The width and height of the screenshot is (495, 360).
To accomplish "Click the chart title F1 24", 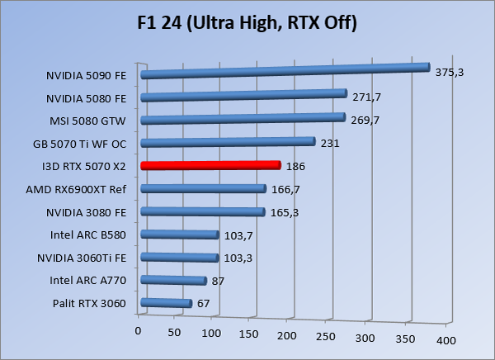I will [x=247, y=22].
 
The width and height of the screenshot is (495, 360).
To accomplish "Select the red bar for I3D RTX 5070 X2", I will [x=211, y=165].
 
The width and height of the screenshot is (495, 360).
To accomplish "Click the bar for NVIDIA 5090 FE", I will [x=285, y=71].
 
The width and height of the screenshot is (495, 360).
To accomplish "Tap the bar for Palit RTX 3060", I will [x=167, y=304].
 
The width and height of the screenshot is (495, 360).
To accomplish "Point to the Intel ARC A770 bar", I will [x=174, y=281].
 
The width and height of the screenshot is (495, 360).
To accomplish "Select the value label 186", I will [x=296, y=167].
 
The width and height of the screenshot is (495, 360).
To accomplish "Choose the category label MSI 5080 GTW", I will [x=89, y=121].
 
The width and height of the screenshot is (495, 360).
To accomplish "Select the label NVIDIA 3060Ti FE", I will [x=82, y=258].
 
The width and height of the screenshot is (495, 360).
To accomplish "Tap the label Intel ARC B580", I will [x=89, y=235].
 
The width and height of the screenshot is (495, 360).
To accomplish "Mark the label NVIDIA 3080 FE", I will [x=86, y=212].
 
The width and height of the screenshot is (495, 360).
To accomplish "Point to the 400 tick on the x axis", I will [x=445, y=340].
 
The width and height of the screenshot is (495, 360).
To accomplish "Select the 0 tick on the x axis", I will [x=139, y=331].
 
